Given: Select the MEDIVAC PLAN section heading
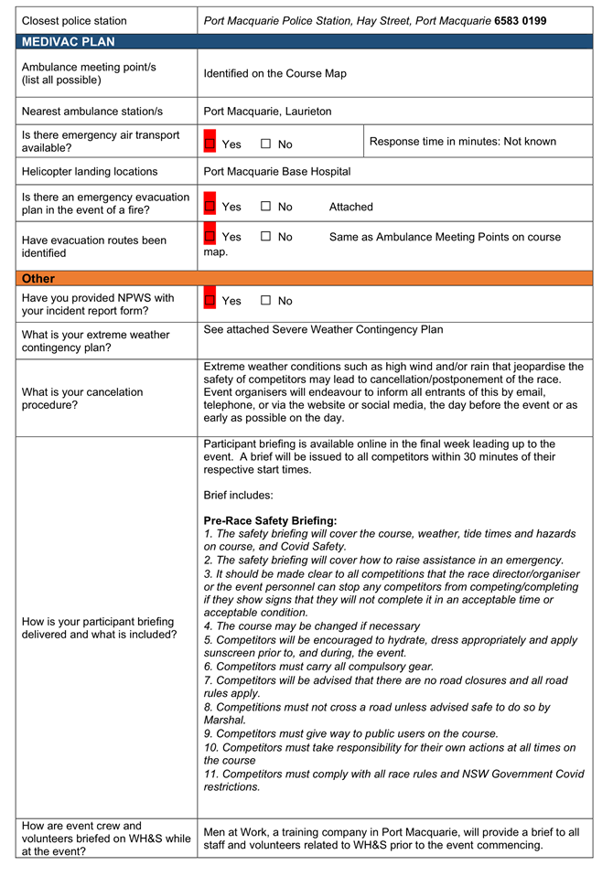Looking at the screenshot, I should tap(69, 42).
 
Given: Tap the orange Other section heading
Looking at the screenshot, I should tap(38, 278).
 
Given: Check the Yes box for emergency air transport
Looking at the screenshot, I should tap(210, 144).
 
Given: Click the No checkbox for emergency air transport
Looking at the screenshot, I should tap(266, 144).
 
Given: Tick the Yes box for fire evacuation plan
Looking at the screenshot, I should tap(210, 207).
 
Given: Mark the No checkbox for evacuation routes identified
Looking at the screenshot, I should tap(266, 237).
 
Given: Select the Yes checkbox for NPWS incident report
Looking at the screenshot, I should tap(210, 301).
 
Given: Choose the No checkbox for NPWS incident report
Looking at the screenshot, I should tap(266, 301).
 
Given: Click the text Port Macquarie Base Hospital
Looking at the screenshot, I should tap(277, 171).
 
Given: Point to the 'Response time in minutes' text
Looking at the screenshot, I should tap(463, 142).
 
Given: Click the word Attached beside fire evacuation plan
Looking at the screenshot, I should tap(351, 207).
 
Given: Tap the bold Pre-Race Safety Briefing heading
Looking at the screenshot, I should tap(271, 520).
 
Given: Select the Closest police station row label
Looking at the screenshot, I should tap(74, 20).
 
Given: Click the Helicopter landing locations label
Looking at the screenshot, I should tap(90, 171).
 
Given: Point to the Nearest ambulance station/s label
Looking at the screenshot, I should tap(92, 111).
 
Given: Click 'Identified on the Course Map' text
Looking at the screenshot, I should tap(275, 73).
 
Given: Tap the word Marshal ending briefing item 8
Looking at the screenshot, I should tap(224, 720).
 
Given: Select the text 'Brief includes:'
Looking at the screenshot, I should tap(239, 495).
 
